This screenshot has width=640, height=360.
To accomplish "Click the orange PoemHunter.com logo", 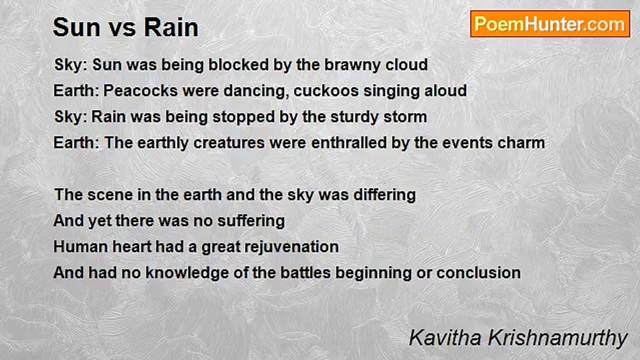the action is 550,24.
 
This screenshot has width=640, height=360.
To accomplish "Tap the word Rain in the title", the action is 171,27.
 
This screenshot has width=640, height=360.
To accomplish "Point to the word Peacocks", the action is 140,90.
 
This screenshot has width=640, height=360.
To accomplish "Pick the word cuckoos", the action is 326,90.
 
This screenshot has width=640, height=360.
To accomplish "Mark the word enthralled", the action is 349,142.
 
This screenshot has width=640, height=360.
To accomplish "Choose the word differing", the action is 384,195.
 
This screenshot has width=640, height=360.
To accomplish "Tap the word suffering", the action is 251,221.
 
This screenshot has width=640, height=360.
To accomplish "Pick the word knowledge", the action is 187,273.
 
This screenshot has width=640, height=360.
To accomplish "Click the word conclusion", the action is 478,273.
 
